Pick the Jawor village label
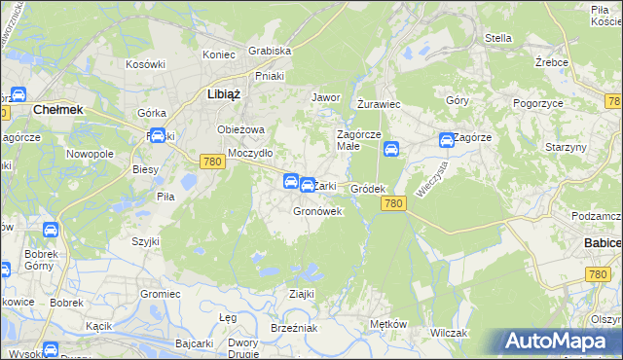324,97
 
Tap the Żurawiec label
379,102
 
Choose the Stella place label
497,38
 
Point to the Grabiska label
270,51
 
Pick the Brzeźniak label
294,328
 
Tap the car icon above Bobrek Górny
51,231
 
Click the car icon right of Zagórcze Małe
390,149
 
